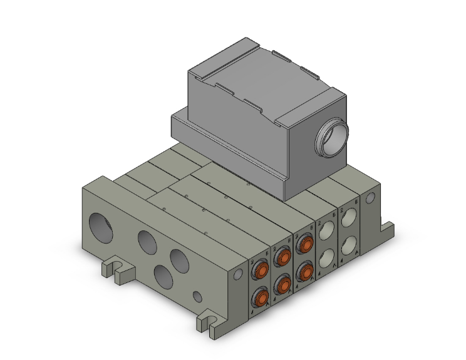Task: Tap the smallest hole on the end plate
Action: [x=197, y=296]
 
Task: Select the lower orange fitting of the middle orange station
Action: [x=283, y=285]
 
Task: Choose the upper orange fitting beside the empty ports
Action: [x=305, y=244]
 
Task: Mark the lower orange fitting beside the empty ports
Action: [x=305, y=270]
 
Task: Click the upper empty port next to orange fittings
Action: [x=326, y=232]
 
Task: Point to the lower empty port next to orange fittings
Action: [x=326, y=258]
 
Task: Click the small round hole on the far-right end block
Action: [x=370, y=198]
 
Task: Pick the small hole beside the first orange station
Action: [x=237, y=274]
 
